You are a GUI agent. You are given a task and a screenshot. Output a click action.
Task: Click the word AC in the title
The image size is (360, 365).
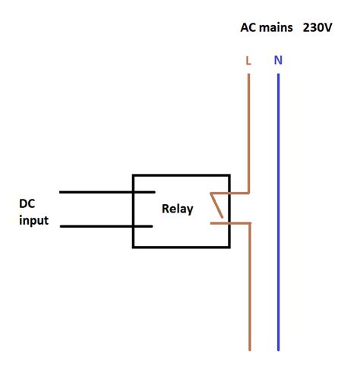point(248,27)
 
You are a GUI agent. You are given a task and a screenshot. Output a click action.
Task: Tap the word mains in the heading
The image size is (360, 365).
point(276,27)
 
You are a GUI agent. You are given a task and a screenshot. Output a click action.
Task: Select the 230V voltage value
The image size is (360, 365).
point(317,27)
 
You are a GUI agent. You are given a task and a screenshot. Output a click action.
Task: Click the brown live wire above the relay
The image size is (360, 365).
point(248,129)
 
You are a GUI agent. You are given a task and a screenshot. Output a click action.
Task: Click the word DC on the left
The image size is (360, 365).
point(27,205)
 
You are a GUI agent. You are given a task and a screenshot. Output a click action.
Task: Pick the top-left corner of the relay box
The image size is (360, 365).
point(134,175)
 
